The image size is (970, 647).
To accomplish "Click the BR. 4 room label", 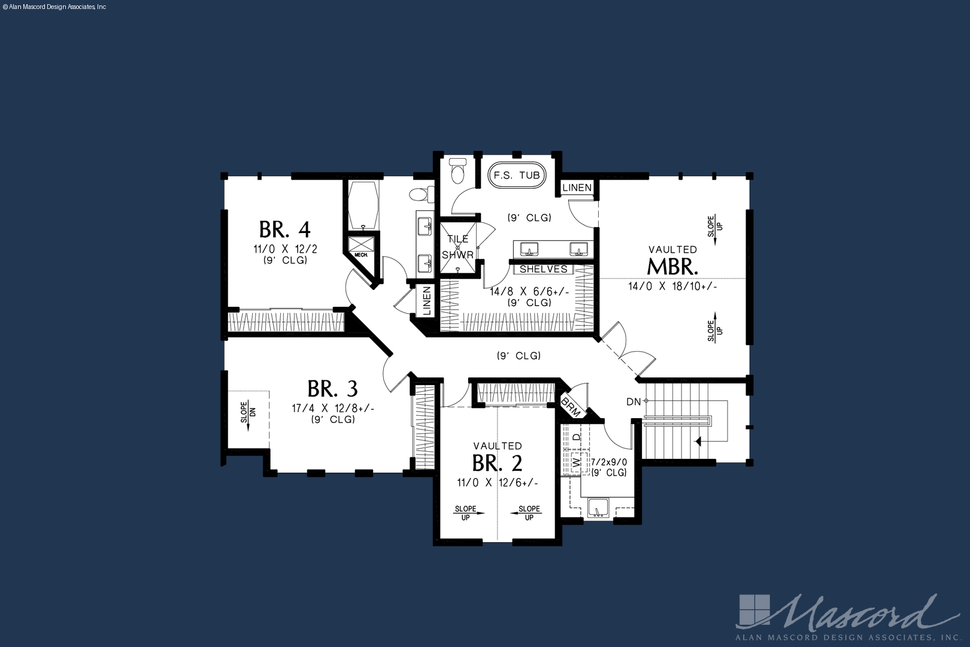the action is point(284,229).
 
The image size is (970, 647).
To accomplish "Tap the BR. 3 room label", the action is point(332,389).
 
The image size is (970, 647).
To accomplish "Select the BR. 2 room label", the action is point(497,463).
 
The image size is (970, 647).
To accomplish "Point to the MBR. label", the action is point(672,267).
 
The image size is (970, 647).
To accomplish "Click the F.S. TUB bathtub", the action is point(517,175).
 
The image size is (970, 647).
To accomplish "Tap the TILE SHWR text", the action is point(457,247).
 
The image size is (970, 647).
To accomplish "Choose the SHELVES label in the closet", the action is point(544,269).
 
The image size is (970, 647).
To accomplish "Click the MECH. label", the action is point(361,255).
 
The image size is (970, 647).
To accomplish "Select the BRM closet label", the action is point(571,407).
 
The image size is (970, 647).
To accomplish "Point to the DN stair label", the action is point(633,402).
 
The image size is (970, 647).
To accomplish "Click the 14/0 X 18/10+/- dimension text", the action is point(672,286).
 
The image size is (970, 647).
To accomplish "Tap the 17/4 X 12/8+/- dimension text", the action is point(332,408).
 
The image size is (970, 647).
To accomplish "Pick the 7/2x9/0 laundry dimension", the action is point(609,462).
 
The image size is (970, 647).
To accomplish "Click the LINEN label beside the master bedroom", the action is point(577,188).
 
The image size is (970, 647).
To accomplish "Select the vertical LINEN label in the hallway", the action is point(426,300).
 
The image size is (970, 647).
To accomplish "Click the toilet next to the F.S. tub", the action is point(457,171).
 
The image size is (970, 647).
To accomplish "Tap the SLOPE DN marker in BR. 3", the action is point(248,415).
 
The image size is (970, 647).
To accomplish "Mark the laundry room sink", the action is point(598,508).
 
